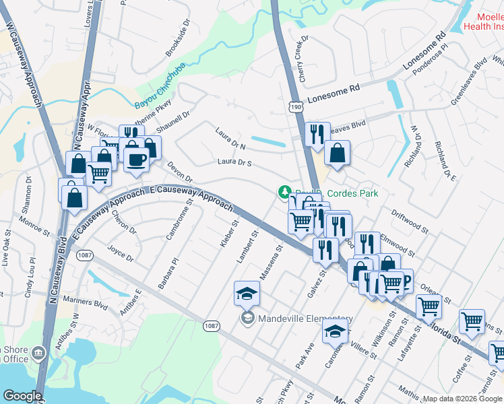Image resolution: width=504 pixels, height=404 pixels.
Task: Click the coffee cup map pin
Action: click(x=137, y=160)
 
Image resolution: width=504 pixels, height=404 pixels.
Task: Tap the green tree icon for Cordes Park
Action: click(x=284, y=193)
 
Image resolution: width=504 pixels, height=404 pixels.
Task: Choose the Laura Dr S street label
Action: click(x=234, y=162)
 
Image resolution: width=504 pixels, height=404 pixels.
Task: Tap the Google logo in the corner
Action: click(x=22, y=396)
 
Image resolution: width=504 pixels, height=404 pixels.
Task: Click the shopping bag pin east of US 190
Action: click(x=337, y=154)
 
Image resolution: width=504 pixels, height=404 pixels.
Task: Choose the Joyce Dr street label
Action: click(x=121, y=257)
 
